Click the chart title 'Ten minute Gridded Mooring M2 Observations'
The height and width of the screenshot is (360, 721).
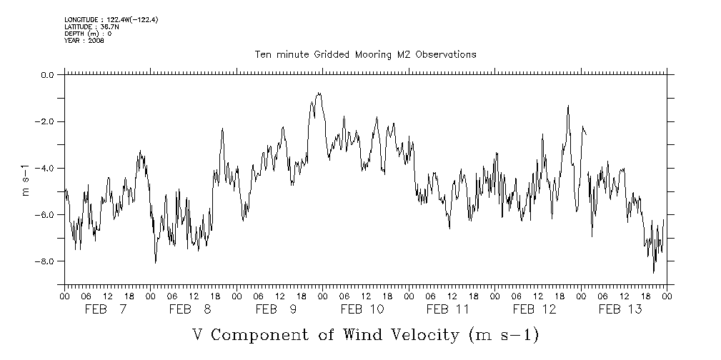(x=365, y=54)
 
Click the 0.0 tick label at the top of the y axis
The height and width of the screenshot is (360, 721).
(x=48, y=75)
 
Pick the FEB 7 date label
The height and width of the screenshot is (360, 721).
(x=106, y=309)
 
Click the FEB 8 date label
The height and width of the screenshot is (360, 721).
(x=192, y=309)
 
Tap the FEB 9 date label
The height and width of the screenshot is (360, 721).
(x=277, y=309)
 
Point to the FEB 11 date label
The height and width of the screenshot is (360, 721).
(x=449, y=309)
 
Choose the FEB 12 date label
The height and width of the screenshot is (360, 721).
(x=534, y=309)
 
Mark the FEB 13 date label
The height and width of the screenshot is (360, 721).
(x=620, y=309)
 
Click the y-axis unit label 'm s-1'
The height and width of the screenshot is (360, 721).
(x=27, y=180)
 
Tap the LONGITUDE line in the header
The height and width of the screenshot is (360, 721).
(x=111, y=19)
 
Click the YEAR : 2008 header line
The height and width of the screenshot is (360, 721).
(x=84, y=41)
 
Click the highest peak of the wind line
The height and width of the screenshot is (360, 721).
(x=319, y=93)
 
